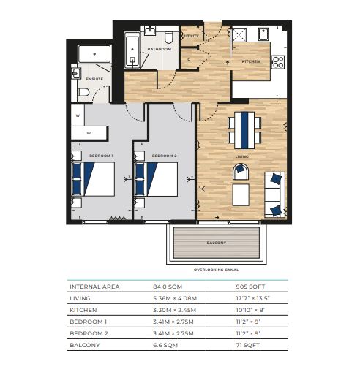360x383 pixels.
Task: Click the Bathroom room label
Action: click(160, 49)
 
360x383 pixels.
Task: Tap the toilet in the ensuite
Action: click(83, 92)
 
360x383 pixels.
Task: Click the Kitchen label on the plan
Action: click(251, 61)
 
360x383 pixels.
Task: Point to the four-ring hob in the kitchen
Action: click(278, 62)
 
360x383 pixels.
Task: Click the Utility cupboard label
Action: click(192, 36)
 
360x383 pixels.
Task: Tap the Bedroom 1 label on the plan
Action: click(101, 156)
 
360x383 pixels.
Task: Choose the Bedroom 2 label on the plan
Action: click(164, 156)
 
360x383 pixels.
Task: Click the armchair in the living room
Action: click(241, 172)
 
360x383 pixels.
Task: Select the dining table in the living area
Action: click(244, 130)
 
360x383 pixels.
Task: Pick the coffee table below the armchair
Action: click(241, 195)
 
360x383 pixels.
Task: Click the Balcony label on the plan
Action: click(216, 243)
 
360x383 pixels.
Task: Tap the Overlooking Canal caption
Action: click(216, 270)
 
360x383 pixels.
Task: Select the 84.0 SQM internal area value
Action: click(168, 287)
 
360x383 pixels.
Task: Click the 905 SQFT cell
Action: click(250, 287)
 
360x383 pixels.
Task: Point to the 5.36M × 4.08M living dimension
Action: click(175, 298)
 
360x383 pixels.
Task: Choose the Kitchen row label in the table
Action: click(83, 310)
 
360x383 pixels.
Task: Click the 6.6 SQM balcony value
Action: click(165, 346)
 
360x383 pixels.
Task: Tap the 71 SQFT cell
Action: click(248, 346)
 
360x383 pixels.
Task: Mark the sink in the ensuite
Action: click(76, 74)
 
